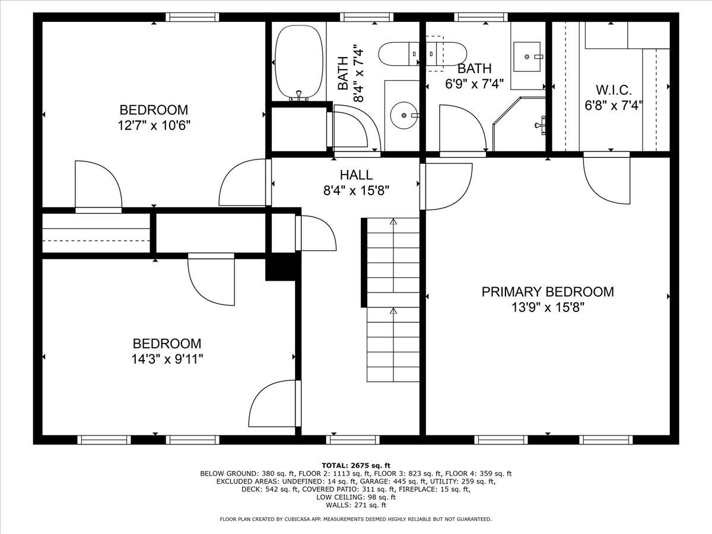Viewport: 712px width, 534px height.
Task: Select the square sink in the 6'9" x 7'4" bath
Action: pos(526,56)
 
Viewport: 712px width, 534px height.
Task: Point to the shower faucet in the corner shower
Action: pos(539,125)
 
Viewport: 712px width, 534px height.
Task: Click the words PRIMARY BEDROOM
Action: pos(547,292)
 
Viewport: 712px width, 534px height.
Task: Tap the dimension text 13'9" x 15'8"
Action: pos(547,307)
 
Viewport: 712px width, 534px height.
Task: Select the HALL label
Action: pos(356,175)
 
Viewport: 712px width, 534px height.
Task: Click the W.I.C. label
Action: pos(614,91)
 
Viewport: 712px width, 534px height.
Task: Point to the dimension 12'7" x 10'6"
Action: pos(154,125)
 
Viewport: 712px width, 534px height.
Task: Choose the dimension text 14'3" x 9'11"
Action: pos(167,359)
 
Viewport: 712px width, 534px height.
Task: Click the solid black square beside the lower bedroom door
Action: pos(280,268)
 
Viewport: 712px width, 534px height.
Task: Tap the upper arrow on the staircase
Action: pos(393,223)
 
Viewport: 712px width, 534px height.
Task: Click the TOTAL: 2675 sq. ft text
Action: pos(356,465)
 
